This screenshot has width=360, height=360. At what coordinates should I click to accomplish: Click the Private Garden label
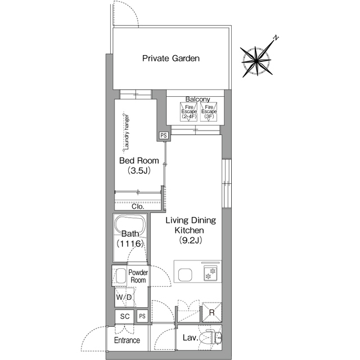pyautogui.click(x=171, y=58)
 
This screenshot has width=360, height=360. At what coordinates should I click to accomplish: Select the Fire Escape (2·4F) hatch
pyautogui.click(x=189, y=112)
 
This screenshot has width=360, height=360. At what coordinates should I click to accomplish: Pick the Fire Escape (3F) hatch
pyautogui.click(x=209, y=112)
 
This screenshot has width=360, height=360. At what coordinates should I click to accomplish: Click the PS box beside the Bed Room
pyautogui.click(x=164, y=136)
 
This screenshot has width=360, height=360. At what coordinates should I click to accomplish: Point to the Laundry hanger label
pyautogui.click(x=126, y=132)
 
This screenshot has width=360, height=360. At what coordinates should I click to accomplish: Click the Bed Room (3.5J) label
pyautogui.click(x=139, y=165)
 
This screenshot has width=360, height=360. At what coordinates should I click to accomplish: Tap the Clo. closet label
pyautogui.click(x=138, y=206)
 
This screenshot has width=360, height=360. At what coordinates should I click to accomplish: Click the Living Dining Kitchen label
pyautogui.click(x=190, y=230)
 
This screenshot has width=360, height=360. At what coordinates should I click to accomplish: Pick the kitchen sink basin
pyautogui.click(x=185, y=274)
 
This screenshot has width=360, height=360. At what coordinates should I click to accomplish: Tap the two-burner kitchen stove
pyautogui.click(x=210, y=274)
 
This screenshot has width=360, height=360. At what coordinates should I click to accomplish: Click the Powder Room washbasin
pyautogui.click(x=120, y=276)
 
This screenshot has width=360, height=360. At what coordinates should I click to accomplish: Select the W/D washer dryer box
pyautogui.click(x=124, y=297)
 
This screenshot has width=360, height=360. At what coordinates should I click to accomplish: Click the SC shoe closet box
pyautogui.click(x=125, y=316)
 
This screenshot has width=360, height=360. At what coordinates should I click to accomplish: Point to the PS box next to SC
pyautogui.click(x=142, y=316)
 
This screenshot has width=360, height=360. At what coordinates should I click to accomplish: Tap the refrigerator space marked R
pyautogui.click(x=212, y=312)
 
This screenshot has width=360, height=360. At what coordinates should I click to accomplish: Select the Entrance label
pyautogui.click(x=127, y=340)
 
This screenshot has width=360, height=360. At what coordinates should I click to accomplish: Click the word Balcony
pyautogui.click(x=197, y=99)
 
